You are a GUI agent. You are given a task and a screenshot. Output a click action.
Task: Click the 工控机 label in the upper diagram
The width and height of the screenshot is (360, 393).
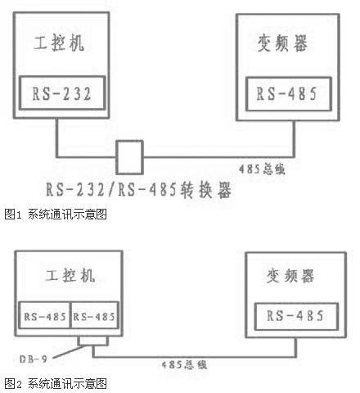tap(59, 43)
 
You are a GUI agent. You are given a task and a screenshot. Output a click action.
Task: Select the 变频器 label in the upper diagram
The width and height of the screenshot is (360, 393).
tap(282, 43)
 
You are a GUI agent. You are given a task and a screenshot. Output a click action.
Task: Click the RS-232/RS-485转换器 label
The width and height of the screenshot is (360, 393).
tap(138, 190)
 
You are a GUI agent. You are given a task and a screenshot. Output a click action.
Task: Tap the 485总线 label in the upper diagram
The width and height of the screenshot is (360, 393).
tap(262, 169)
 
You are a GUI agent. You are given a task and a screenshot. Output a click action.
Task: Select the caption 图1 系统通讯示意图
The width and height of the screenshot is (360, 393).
tap(56, 214)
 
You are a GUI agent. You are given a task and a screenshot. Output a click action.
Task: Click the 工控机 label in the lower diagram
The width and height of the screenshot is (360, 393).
tap(70, 275)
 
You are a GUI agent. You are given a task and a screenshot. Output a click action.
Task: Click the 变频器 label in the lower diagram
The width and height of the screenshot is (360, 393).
tap(290, 276)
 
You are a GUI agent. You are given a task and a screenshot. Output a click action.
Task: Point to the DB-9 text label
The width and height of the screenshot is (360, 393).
tap(34, 359)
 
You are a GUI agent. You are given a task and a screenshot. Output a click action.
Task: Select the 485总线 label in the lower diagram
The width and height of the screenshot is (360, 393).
tap(184, 364)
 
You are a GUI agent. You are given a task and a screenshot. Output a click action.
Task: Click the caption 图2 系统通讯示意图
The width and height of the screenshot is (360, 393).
tap(56, 383)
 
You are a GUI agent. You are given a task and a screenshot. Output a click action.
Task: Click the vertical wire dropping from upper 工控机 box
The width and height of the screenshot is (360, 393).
tap(57, 138)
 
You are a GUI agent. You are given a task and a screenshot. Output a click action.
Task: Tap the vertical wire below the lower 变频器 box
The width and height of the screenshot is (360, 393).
tap(295, 347)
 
